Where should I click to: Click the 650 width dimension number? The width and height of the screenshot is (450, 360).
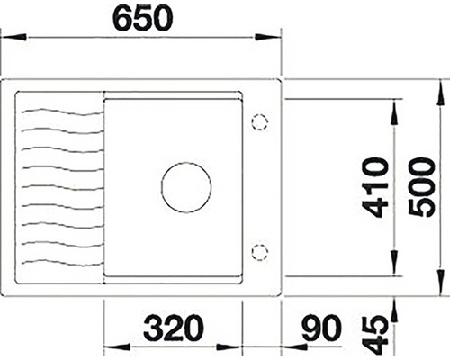[x=143, y=18]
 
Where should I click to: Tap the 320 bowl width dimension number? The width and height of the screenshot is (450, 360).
[x=174, y=328]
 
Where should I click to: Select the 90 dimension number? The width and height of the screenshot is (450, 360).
[x=321, y=328]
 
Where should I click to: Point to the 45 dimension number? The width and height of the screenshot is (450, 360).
[x=375, y=335]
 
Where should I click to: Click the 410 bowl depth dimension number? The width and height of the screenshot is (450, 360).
[x=375, y=188]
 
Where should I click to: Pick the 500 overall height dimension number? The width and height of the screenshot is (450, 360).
[x=421, y=188]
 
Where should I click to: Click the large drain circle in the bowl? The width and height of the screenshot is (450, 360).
[x=186, y=188]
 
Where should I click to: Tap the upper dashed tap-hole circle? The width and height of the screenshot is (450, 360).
[x=259, y=122]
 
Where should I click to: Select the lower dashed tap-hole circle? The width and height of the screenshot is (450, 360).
[x=259, y=253]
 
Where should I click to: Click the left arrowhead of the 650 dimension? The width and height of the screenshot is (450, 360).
[x=13, y=38]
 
